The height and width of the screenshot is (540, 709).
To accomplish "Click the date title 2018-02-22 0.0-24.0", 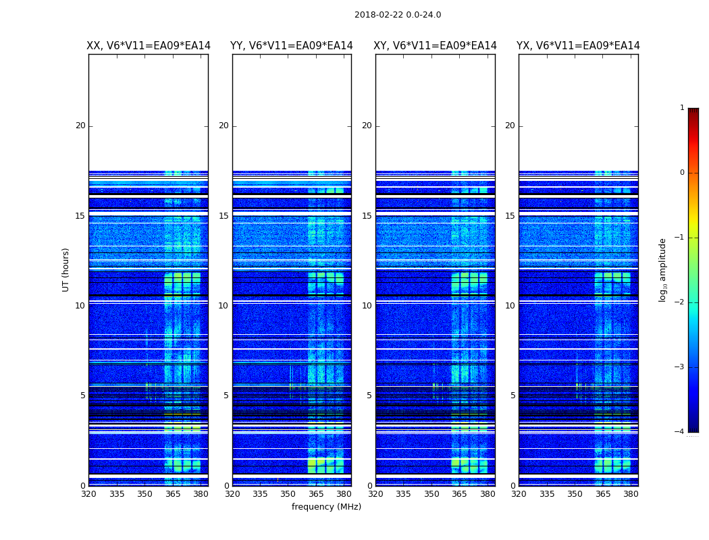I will (398, 15).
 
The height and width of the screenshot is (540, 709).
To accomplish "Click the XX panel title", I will (149, 46).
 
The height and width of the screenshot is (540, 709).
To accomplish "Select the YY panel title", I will (292, 46).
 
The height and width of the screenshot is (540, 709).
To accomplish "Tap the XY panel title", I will (436, 46).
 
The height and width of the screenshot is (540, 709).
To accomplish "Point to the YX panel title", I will (579, 46).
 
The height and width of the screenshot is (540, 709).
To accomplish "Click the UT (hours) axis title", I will (65, 269).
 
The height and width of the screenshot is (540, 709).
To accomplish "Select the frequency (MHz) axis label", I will (326, 507).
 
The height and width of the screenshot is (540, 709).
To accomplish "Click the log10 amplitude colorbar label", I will (663, 269).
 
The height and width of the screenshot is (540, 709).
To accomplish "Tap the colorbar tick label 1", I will (682, 108).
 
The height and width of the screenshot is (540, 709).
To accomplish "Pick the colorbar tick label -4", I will (680, 432).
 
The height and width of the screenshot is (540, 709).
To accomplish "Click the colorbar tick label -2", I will (680, 302).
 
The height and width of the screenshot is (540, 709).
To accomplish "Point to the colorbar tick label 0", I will (682, 173).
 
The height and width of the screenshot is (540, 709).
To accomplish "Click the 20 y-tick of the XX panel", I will (80, 126).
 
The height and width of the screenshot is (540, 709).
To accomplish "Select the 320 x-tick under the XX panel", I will (88, 494).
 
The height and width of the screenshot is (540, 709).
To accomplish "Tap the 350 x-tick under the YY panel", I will (288, 494).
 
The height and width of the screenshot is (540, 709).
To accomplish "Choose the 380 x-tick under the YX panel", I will (631, 494).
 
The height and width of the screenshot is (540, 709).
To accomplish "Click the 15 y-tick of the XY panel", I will (367, 216).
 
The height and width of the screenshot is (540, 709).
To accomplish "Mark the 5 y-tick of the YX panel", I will (513, 396).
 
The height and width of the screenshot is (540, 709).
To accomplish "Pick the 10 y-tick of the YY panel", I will (224, 306).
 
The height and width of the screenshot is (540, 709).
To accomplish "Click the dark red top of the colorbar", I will (693, 111).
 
